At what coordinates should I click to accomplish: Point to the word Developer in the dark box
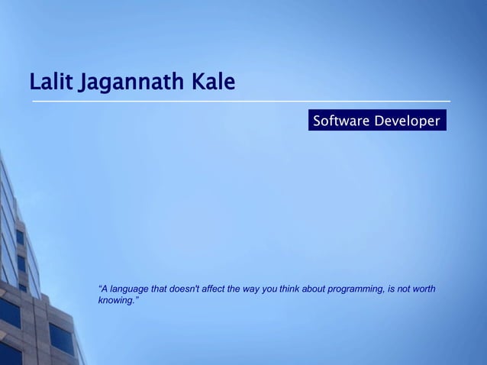407,121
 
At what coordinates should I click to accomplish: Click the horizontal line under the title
240,101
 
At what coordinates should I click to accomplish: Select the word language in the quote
129,289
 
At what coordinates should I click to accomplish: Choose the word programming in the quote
359,289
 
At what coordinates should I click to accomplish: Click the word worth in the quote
424,289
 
